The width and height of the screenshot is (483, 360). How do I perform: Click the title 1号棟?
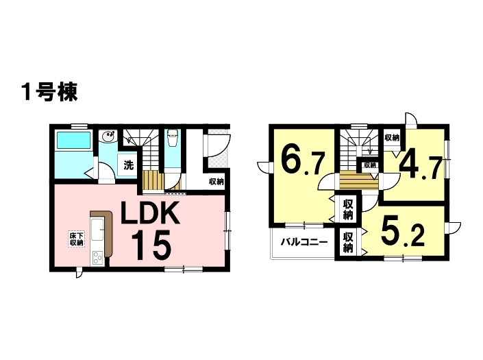coord(48,92)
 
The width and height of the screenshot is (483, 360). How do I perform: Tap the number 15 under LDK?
coord(150,245)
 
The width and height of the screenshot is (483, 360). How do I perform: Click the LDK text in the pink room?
coord(150,215)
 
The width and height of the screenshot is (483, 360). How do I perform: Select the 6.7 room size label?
coord(302,162)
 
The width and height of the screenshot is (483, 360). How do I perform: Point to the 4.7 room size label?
coord(419,167)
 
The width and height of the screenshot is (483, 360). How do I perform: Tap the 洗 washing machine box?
coord(128,165)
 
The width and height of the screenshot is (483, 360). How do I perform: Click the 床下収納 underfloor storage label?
coord(76,239)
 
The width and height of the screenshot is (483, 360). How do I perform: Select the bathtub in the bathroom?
coord(75,141)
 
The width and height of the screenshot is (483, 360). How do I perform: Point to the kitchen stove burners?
coord(97,259)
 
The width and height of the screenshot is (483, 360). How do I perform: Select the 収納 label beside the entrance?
coord(216,182)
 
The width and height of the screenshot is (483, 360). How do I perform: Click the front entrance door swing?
coord(219,145)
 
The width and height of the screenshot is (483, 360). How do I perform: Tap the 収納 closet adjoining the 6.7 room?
coord(348,208)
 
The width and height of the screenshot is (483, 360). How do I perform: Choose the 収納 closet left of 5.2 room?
coord(348,242)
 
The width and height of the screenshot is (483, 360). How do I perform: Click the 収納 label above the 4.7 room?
coord(391,139)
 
